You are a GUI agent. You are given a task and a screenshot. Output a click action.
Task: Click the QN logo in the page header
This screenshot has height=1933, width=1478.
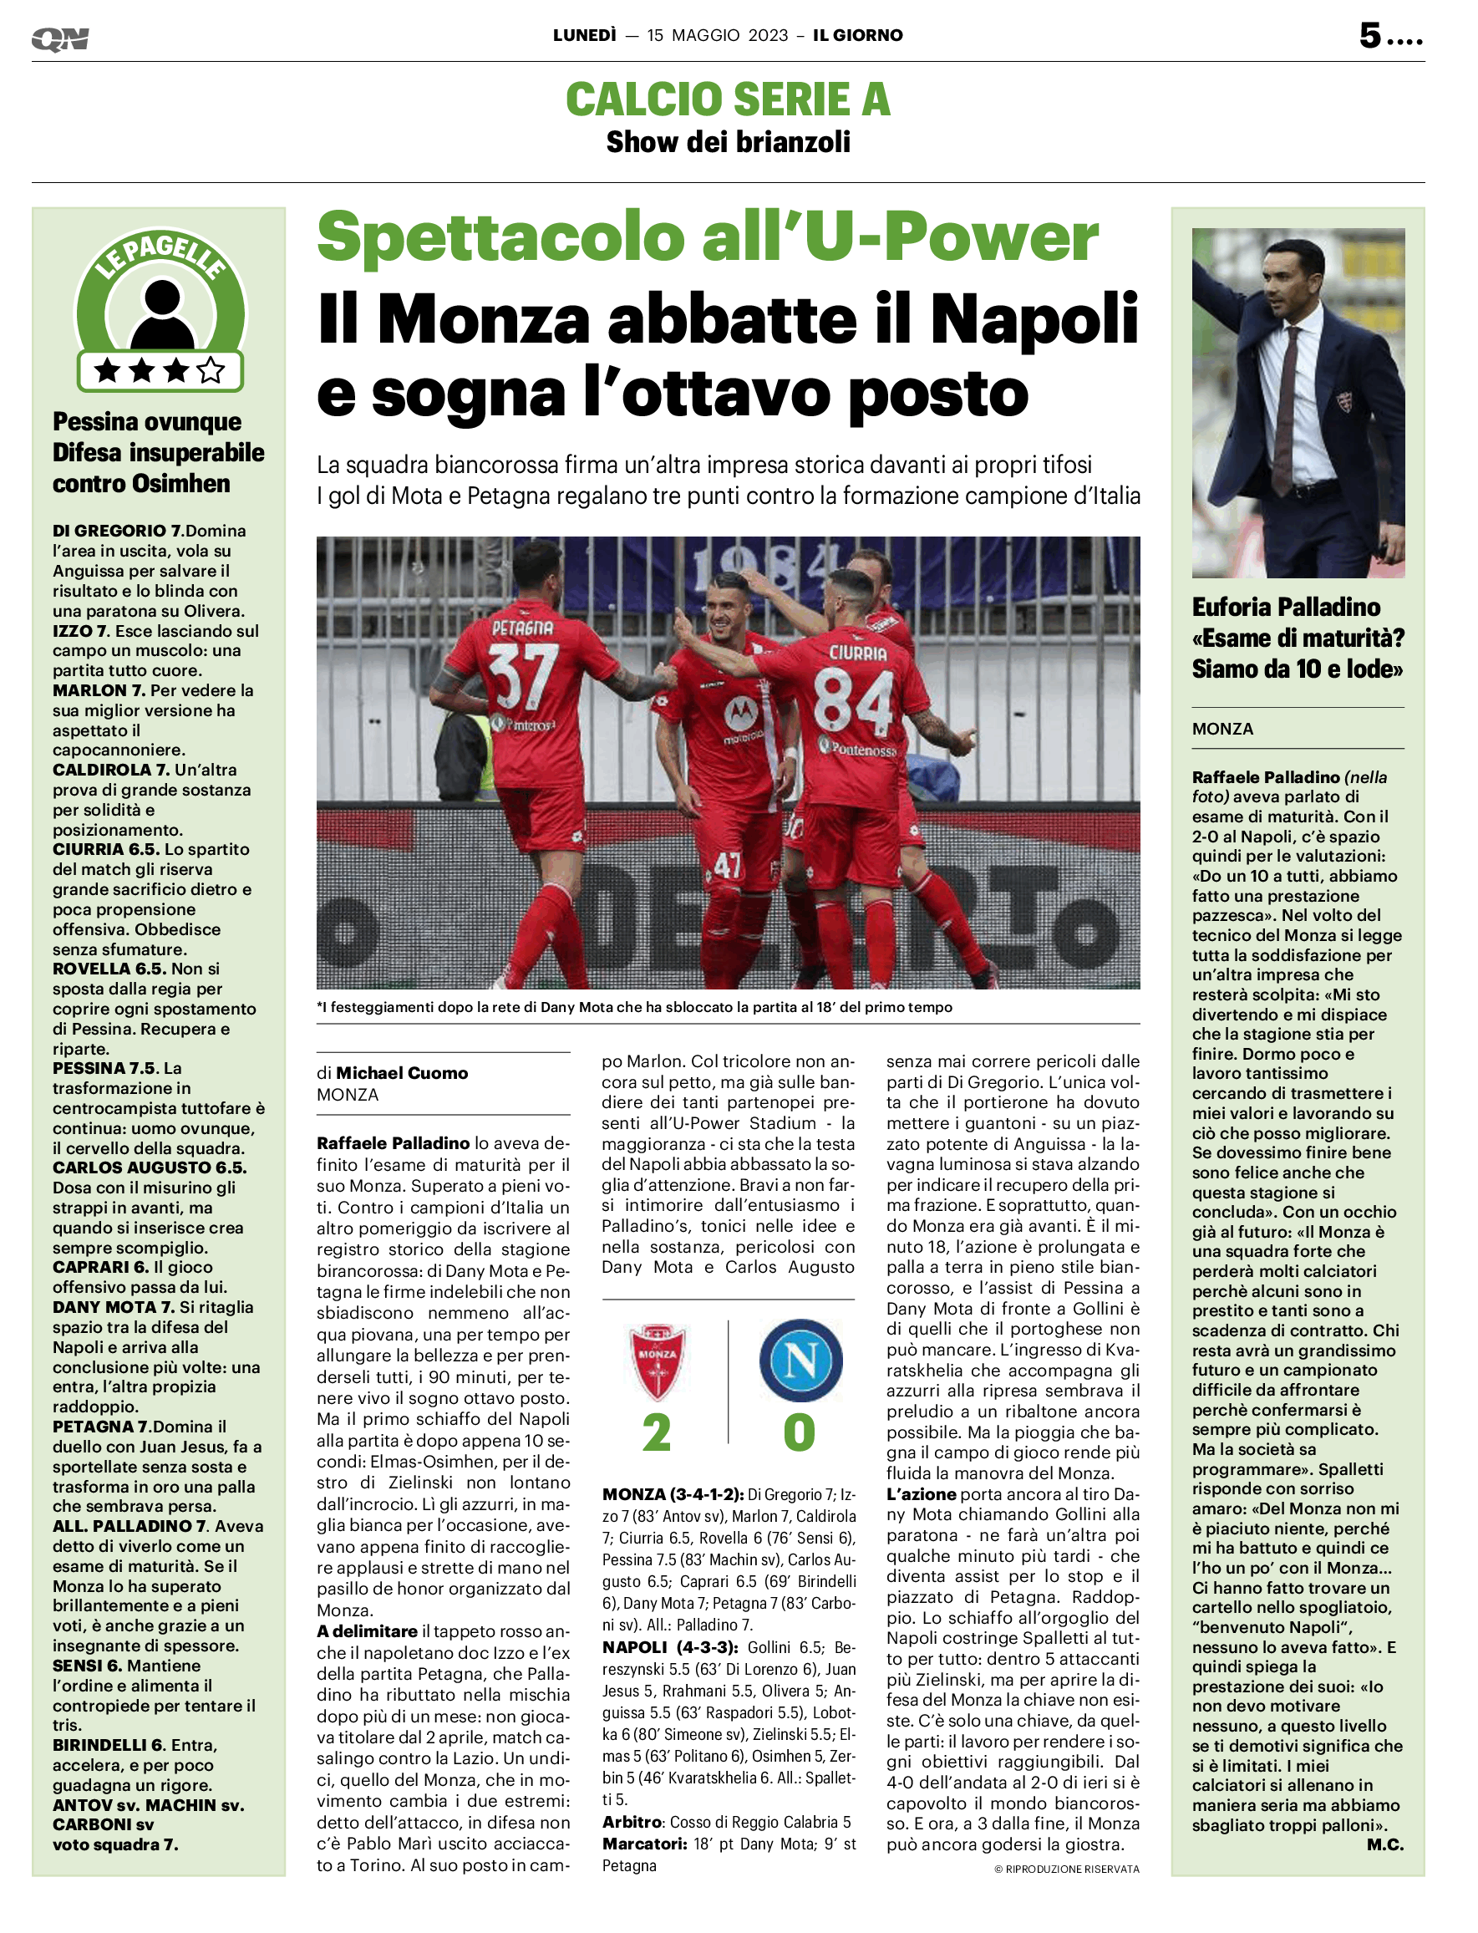pos(60,38)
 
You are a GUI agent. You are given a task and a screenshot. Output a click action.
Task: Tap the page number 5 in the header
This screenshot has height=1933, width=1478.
pos(1369,35)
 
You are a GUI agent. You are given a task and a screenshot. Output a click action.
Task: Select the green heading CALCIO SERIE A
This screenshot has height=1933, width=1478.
pos(728,99)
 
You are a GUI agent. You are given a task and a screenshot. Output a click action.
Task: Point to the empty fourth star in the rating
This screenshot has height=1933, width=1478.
pos(211,370)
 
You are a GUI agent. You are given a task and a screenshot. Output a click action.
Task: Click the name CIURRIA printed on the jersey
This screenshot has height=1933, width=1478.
pos(858,653)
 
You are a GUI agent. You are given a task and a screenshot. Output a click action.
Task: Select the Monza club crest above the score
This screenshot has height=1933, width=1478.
pos(658,1361)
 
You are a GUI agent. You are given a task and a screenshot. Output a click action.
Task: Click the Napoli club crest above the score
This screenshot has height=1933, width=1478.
pos(800,1361)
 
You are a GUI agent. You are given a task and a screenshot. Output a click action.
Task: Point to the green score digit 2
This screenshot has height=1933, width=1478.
pos(657,1433)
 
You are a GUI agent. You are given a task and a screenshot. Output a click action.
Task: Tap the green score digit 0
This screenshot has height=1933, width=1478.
pos(799,1433)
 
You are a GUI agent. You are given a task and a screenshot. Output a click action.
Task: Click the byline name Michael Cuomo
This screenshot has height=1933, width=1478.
pos(402,1072)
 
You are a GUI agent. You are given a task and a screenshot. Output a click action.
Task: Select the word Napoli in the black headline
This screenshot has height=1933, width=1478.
pos(1034,318)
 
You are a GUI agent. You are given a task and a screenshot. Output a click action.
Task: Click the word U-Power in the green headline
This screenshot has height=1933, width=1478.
pos(952,237)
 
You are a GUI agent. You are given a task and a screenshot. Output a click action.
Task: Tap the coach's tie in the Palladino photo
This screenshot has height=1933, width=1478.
pos(1288,404)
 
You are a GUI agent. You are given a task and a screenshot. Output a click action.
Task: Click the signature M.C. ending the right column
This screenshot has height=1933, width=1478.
pos(1384,1845)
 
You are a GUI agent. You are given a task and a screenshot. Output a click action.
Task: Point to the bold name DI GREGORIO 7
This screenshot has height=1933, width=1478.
pos(117,531)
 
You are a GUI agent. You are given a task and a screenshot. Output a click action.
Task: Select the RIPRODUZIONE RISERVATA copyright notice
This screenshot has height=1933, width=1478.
pos(1066,1869)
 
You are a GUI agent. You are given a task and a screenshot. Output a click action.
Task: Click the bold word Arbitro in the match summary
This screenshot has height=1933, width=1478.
pos(631,1822)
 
